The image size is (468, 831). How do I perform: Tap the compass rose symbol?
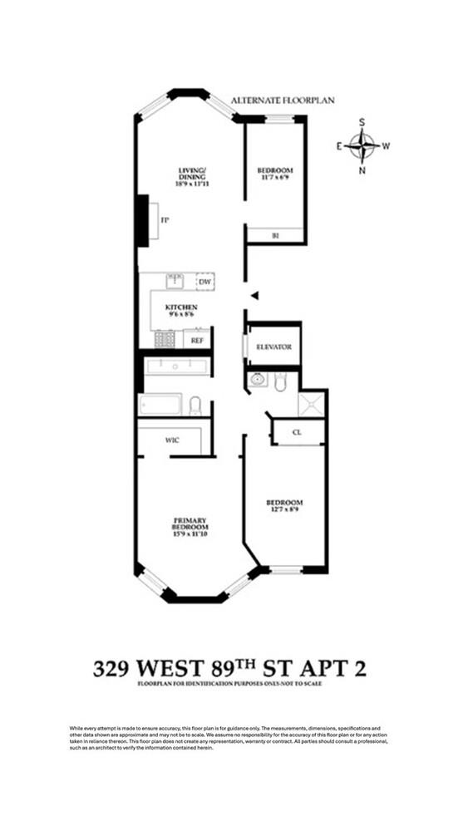click(x=362, y=146)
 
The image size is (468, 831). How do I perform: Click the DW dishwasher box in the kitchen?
click(x=204, y=283)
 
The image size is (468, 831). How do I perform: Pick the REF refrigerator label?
click(x=197, y=340)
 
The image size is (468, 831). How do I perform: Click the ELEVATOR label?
click(x=272, y=347)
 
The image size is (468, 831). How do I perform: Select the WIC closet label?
click(x=171, y=440)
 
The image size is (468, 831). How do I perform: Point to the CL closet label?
click(x=297, y=433)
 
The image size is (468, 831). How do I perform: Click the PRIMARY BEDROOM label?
click(x=191, y=524)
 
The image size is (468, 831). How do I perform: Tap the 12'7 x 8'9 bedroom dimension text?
click(x=284, y=511)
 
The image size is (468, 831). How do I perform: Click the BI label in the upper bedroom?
click(x=275, y=235)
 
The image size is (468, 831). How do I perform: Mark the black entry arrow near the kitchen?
click(x=255, y=295)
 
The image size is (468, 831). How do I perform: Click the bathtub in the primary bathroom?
click(x=160, y=405)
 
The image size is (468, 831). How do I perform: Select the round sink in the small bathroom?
click(x=259, y=381)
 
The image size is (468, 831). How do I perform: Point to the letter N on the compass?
click(x=362, y=171)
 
